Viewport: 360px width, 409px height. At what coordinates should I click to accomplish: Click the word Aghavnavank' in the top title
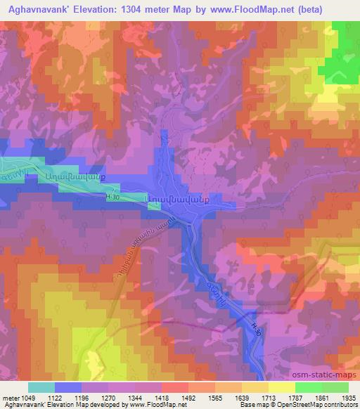tap(35, 10)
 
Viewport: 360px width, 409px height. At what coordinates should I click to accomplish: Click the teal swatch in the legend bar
tap(41, 387)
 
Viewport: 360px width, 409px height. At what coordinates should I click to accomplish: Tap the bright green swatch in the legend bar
tap(308, 387)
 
